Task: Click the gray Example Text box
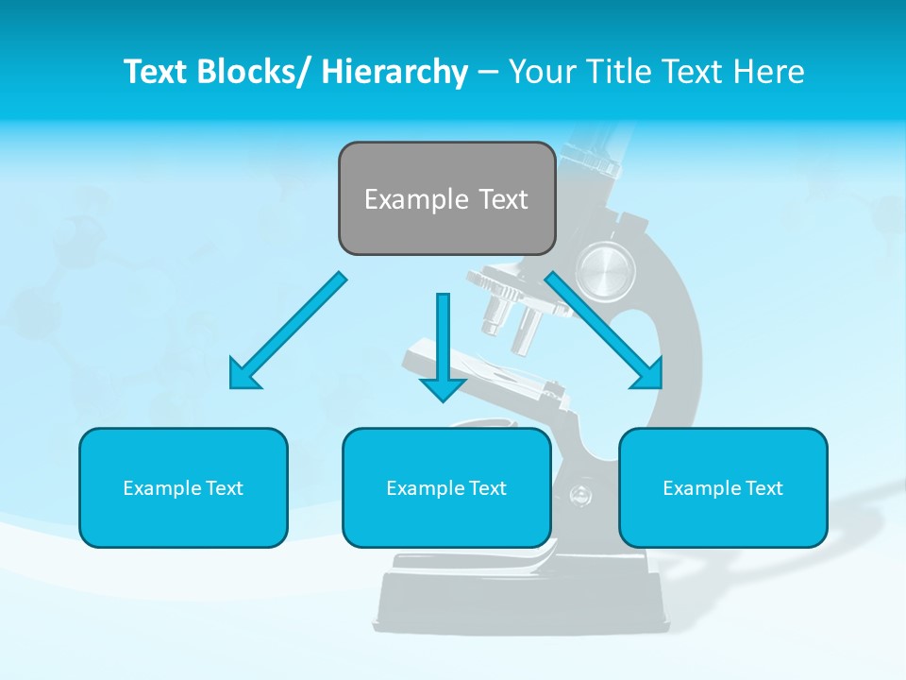446,198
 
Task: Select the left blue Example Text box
183,487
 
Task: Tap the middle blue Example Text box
446,487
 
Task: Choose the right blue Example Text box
723,487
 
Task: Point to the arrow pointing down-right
604,330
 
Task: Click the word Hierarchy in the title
394,72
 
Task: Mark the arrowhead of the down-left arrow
243,375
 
